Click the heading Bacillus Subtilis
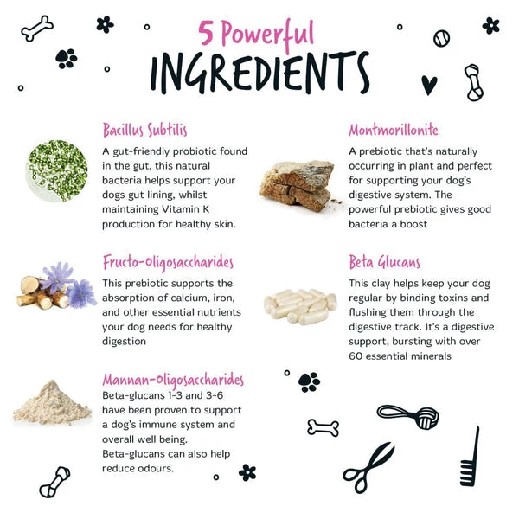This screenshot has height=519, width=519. click(145, 130)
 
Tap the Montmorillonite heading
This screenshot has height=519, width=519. click(394, 130)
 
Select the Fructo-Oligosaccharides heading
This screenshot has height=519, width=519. click(168, 263)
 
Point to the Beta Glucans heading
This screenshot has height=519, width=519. click(384, 262)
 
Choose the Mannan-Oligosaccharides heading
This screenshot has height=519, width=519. click(173, 381)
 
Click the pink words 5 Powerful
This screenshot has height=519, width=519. click(256, 34)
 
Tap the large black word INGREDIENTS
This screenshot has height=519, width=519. click(259, 73)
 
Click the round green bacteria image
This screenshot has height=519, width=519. click(56, 170)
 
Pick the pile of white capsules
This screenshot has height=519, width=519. click(300, 306)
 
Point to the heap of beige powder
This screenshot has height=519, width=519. click(52, 403)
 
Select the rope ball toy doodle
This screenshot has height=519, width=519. click(409, 416)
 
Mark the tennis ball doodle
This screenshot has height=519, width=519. click(441, 38)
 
